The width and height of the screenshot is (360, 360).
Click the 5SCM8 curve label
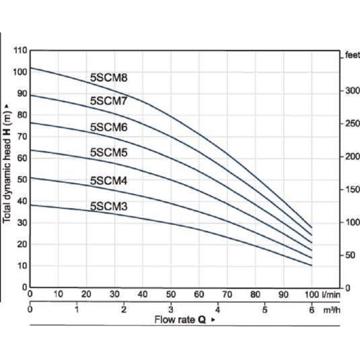(109, 77)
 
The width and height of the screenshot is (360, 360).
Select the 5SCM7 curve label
(109, 101)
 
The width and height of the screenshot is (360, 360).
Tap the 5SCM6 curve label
(109, 127)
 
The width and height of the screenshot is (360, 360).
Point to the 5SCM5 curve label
(109, 152)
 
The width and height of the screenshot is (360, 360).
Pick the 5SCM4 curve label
(109, 180)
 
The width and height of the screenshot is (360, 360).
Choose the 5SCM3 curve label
(109, 206)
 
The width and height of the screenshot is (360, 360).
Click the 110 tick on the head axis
(20, 50)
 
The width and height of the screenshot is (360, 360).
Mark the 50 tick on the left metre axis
(22, 179)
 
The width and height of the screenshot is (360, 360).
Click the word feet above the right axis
(352, 55)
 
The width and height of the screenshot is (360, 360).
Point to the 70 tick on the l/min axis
(227, 295)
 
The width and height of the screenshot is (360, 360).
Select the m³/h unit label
(333, 310)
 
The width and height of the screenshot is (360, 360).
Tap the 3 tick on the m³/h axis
(170, 310)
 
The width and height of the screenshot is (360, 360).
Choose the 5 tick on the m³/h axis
(264, 310)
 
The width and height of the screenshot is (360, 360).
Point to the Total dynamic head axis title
(8, 161)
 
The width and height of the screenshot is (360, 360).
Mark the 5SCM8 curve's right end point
(312, 227)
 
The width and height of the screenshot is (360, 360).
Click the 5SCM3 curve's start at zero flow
(30, 205)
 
